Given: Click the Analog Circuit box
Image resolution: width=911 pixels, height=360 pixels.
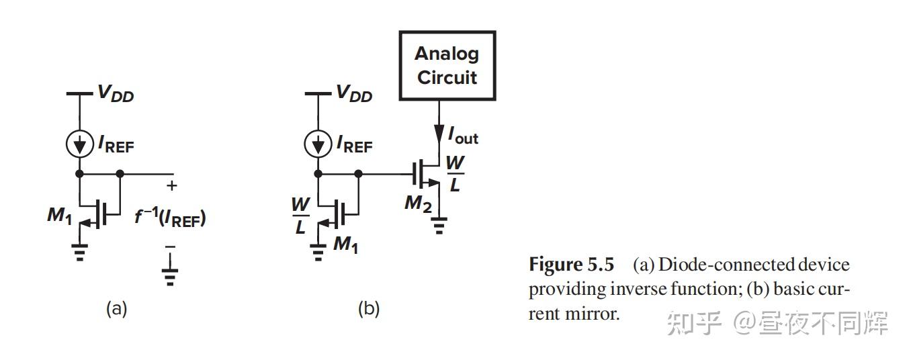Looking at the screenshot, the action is [447, 66].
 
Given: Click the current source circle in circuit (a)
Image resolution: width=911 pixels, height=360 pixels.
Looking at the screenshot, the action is [80, 144].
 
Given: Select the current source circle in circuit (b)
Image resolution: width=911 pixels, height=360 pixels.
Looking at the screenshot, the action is [318, 144].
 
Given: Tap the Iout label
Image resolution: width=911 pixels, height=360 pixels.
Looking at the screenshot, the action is [464, 136].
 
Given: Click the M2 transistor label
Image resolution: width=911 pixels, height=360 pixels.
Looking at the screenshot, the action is [418, 204].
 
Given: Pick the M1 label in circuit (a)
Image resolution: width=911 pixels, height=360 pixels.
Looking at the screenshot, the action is [60, 215].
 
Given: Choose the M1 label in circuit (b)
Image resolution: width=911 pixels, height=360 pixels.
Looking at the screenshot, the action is [346, 244].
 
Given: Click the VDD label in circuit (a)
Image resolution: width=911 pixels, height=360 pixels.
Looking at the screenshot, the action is [116, 93].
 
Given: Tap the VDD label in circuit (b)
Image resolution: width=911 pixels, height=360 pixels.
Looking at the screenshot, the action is [354, 93].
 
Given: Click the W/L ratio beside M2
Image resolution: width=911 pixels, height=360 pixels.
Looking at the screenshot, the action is [455, 174].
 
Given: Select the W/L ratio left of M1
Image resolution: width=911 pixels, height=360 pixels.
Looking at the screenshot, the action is [300, 216].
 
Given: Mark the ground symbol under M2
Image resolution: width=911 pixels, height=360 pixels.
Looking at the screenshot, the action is [439, 226].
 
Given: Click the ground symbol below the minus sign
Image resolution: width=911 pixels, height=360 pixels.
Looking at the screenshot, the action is [170, 277].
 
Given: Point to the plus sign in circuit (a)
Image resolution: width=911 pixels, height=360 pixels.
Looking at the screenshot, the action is [171, 185].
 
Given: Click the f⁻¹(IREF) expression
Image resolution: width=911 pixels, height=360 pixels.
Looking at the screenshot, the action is [171, 217].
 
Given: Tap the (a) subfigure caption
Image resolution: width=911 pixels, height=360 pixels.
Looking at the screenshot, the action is [117, 308].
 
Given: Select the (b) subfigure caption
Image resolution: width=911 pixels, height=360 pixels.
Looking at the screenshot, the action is [369, 308].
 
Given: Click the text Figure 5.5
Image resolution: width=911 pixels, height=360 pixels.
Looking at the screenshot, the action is [572, 265].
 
